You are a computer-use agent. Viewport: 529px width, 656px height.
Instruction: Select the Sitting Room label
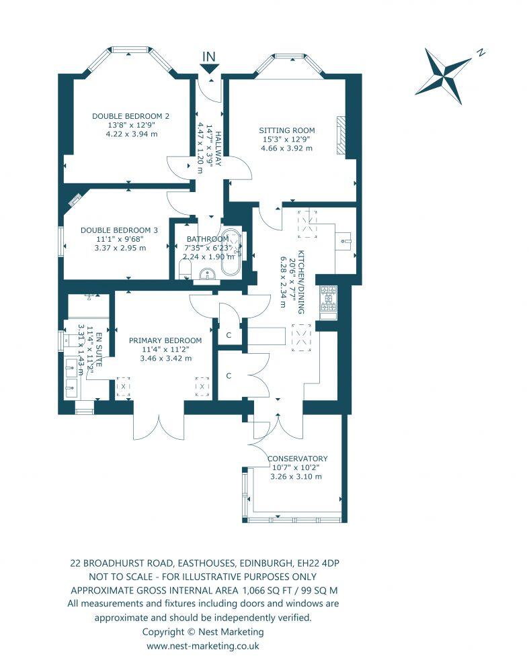(287, 130)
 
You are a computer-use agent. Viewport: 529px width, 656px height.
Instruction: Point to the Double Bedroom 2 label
(130, 115)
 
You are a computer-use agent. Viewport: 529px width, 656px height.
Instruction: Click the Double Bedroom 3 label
(119, 230)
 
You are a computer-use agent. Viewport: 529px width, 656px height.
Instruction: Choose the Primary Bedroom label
(165, 340)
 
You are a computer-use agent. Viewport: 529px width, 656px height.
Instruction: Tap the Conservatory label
(298, 459)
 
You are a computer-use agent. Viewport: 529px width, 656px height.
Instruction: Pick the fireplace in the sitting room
(342, 136)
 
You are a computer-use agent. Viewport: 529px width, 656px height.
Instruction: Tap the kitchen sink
(345, 238)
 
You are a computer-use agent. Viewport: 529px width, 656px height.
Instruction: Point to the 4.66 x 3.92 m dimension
(287, 148)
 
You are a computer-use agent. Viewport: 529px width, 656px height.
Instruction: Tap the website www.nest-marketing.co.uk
(202, 645)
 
